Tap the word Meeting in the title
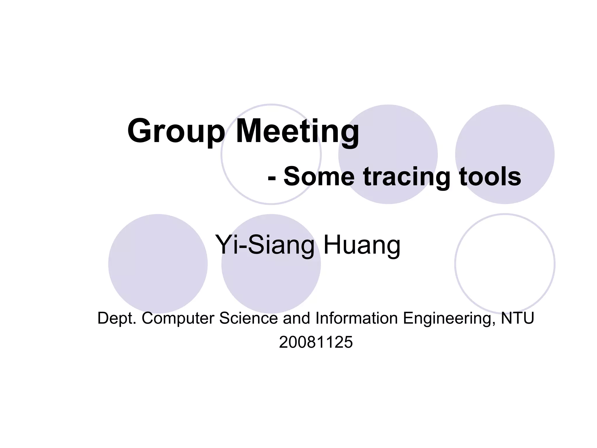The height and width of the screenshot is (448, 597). (297, 132)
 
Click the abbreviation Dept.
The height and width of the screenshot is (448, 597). (117, 318)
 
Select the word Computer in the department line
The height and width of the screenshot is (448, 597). (178, 318)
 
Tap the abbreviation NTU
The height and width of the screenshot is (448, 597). (517, 318)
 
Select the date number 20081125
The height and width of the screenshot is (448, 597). (316, 342)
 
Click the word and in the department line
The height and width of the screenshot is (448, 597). (296, 318)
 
